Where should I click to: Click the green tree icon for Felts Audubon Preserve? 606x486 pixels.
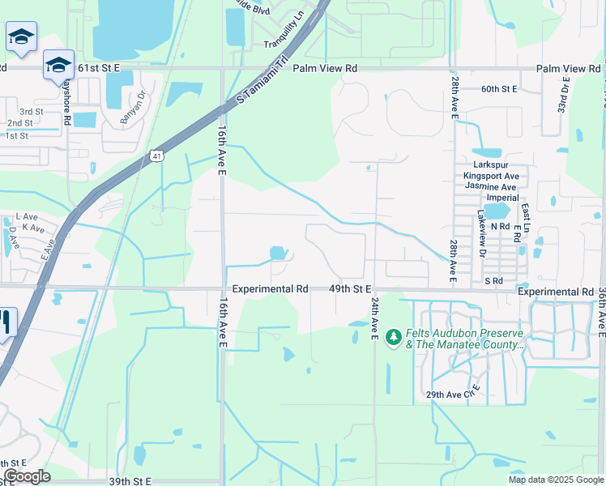pos(394,336)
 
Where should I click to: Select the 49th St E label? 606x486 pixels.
pos(350,288)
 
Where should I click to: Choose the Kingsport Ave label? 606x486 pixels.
pos(491,175)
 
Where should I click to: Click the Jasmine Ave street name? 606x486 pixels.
pos(490,186)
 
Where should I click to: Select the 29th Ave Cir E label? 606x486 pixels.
pos(454,394)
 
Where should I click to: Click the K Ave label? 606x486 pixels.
pos(33,229)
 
